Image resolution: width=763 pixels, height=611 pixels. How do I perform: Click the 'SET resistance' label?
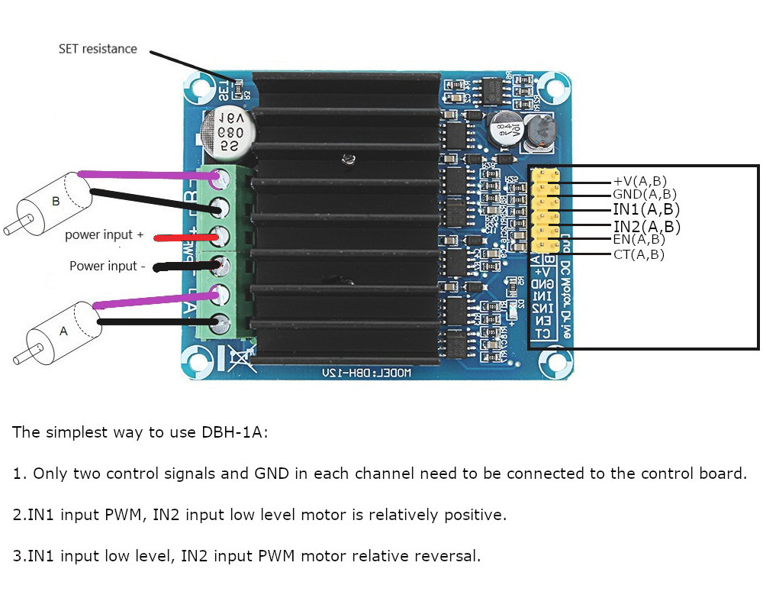(x=98, y=49)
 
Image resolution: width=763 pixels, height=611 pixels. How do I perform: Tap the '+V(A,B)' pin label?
(x=639, y=181)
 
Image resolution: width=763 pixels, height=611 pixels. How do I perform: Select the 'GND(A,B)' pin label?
(x=644, y=194)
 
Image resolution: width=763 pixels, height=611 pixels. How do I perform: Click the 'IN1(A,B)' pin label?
(x=646, y=209)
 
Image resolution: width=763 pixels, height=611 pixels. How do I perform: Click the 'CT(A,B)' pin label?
(x=639, y=254)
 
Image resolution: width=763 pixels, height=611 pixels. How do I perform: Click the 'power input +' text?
(x=104, y=235)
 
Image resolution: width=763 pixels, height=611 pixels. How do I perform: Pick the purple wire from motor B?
(x=145, y=176)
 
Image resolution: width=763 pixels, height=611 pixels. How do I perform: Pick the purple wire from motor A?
(x=153, y=301)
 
